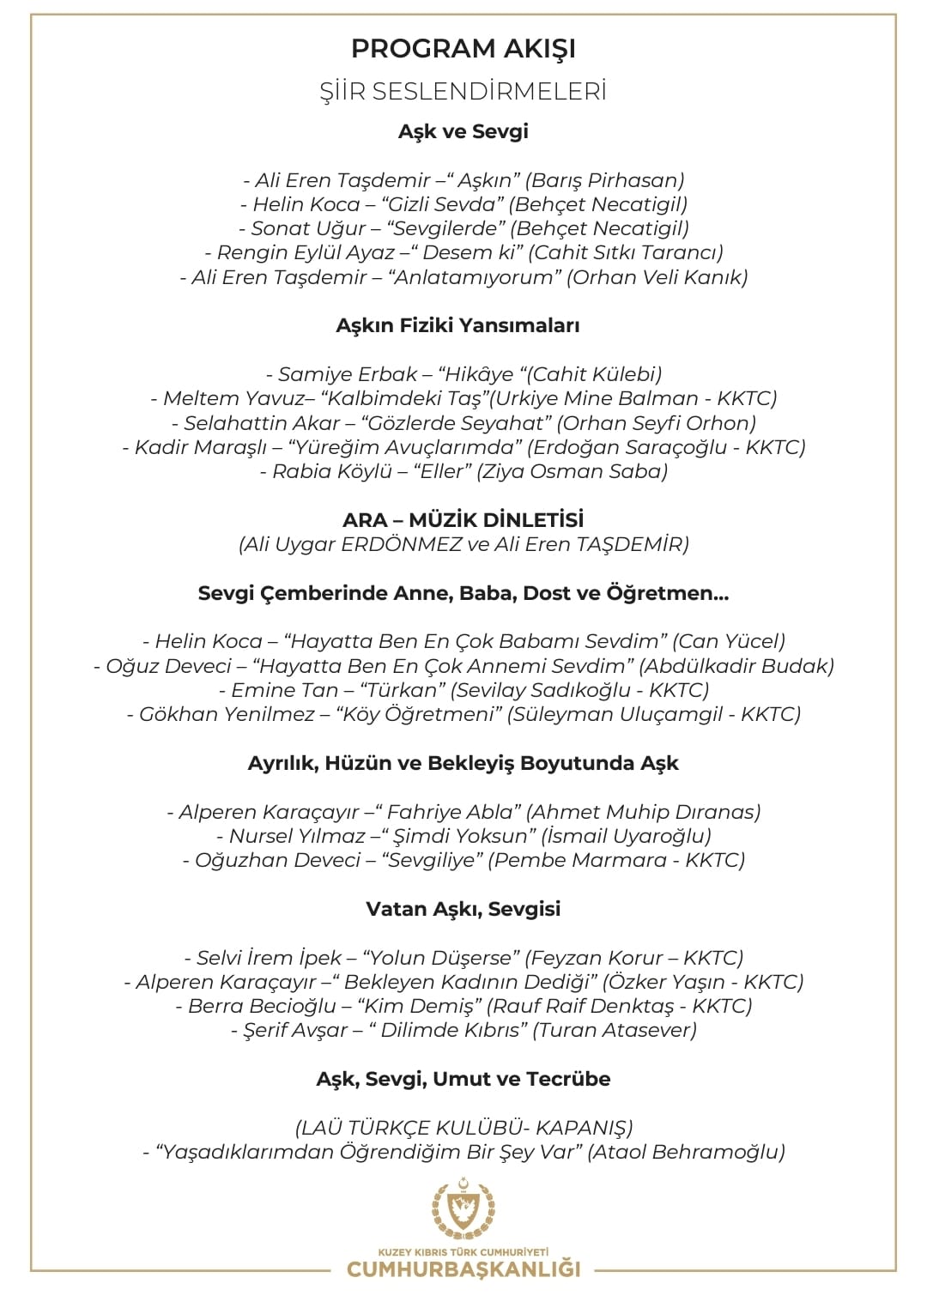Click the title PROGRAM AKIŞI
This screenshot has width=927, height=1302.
click(463, 49)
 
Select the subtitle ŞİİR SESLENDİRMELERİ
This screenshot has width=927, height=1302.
click(463, 92)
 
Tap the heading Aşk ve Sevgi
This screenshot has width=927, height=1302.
click(463, 131)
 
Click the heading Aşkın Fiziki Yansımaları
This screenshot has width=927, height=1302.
click(457, 325)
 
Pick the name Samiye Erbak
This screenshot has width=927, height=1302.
click(348, 374)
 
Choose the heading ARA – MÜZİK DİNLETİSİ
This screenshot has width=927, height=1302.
click(463, 520)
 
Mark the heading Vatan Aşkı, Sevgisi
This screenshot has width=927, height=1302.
click(463, 909)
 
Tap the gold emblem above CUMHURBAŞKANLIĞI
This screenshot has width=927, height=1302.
click(463, 1209)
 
